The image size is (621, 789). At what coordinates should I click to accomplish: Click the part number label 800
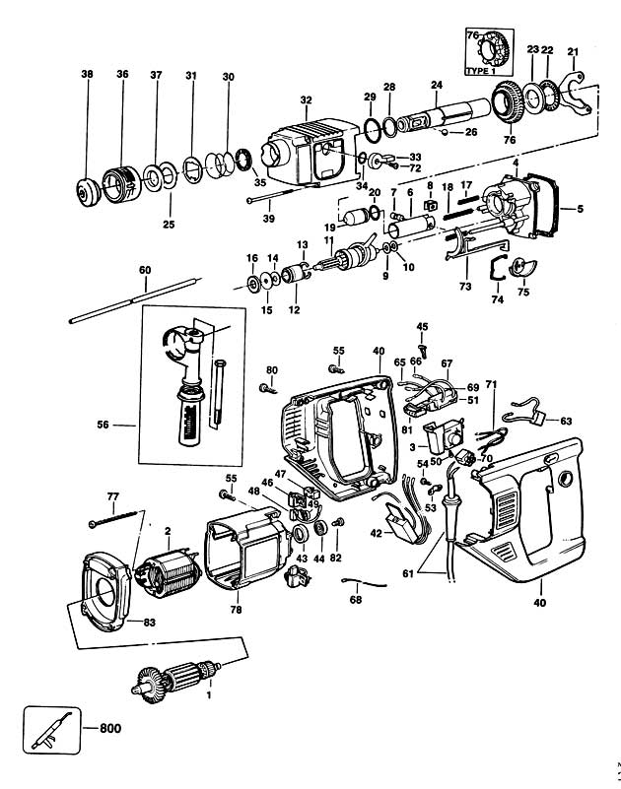pyautogui.click(x=110, y=728)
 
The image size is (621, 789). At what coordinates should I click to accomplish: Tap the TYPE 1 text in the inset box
pyautogui.click(x=481, y=71)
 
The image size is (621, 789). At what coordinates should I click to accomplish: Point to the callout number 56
pyautogui.click(x=103, y=426)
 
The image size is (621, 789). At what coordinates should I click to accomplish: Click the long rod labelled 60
pyautogui.click(x=135, y=299)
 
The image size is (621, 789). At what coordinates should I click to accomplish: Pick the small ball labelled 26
pyautogui.click(x=445, y=132)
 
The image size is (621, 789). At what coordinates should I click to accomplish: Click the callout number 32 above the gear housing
pyautogui.click(x=306, y=100)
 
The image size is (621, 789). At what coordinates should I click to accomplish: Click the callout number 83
pyautogui.click(x=150, y=623)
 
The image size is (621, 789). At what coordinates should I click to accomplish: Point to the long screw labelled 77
pyautogui.click(x=112, y=518)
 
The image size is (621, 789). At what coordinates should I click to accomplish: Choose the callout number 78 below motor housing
pyautogui.click(x=236, y=610)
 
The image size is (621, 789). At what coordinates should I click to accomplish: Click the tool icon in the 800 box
pyautogui.click(x=51, y=731)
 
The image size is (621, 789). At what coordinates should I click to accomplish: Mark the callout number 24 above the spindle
pyautogui.click(x=437, y=85)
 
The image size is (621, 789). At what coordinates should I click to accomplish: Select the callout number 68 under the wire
pyautogui.click(x=356, y=600)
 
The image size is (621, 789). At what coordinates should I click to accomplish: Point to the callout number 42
pyautogui.click(x=377, y=534)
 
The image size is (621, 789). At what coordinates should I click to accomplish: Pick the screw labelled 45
pyautogui.click(x=422, y=350)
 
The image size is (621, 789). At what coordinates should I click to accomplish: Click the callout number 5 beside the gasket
pyautogui.click(x=581, y=208)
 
